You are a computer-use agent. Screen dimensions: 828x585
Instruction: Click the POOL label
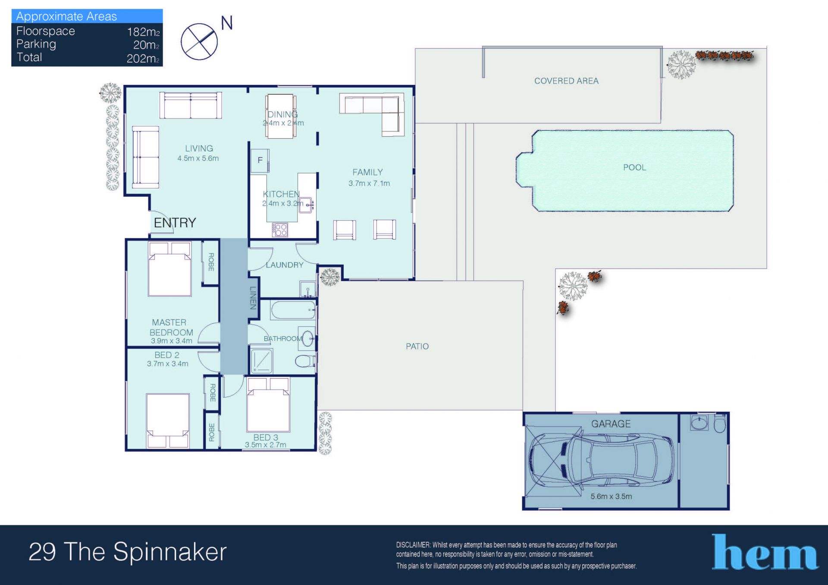tap(634, 167)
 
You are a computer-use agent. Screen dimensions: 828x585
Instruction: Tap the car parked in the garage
tap(601, 460)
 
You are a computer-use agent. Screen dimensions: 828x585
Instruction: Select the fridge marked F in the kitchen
tap(260, 160)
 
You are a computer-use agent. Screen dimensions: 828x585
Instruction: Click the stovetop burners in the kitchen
tap(279, 229)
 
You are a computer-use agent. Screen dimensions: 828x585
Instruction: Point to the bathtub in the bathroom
tap(293, 310)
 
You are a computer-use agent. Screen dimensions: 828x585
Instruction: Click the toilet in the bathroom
tap(305, 360)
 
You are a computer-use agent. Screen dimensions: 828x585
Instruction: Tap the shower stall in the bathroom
tap(262, 360)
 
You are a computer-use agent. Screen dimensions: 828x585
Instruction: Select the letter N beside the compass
tap(227, 23)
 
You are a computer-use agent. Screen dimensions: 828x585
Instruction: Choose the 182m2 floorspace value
tap(143, 31)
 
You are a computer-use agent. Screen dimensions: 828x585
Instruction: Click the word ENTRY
tap(175, 222)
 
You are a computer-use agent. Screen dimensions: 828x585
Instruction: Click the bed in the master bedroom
tap(169, 269)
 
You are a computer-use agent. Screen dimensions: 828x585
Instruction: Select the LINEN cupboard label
tap(253, 297)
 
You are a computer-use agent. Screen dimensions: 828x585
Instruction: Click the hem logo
tap(765, 552)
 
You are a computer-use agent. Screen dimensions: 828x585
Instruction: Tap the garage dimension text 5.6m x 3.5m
tap(611, 496)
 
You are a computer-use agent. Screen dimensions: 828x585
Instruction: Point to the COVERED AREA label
tap(566, 81)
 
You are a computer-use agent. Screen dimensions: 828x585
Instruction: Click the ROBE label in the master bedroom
tap(211, 262)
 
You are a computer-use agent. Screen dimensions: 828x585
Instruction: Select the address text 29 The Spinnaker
tap(128, 552)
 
